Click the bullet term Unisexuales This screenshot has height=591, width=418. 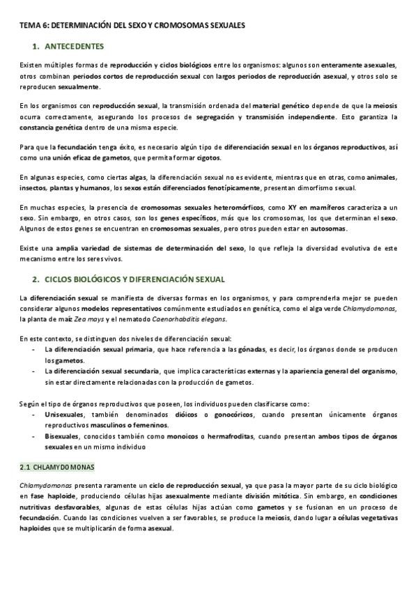pyautogui.click(x=63, y=414)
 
